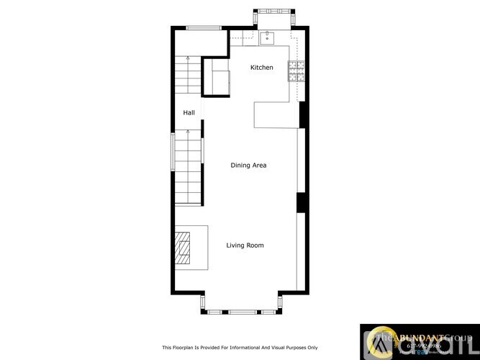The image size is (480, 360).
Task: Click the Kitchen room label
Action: coord(261,68)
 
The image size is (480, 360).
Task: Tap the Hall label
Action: coord(189,112)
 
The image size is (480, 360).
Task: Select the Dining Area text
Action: coord(248,166)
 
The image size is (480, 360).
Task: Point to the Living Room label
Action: coord(245,246)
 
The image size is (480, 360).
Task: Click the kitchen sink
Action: coord(267,37)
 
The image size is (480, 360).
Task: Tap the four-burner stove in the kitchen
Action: coord(296,70)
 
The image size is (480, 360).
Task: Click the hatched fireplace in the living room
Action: coord(185,248)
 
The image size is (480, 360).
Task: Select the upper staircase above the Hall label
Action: coord(189,79)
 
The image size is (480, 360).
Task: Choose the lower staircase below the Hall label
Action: coord(189,166)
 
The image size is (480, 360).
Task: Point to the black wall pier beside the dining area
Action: coord(302,202)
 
